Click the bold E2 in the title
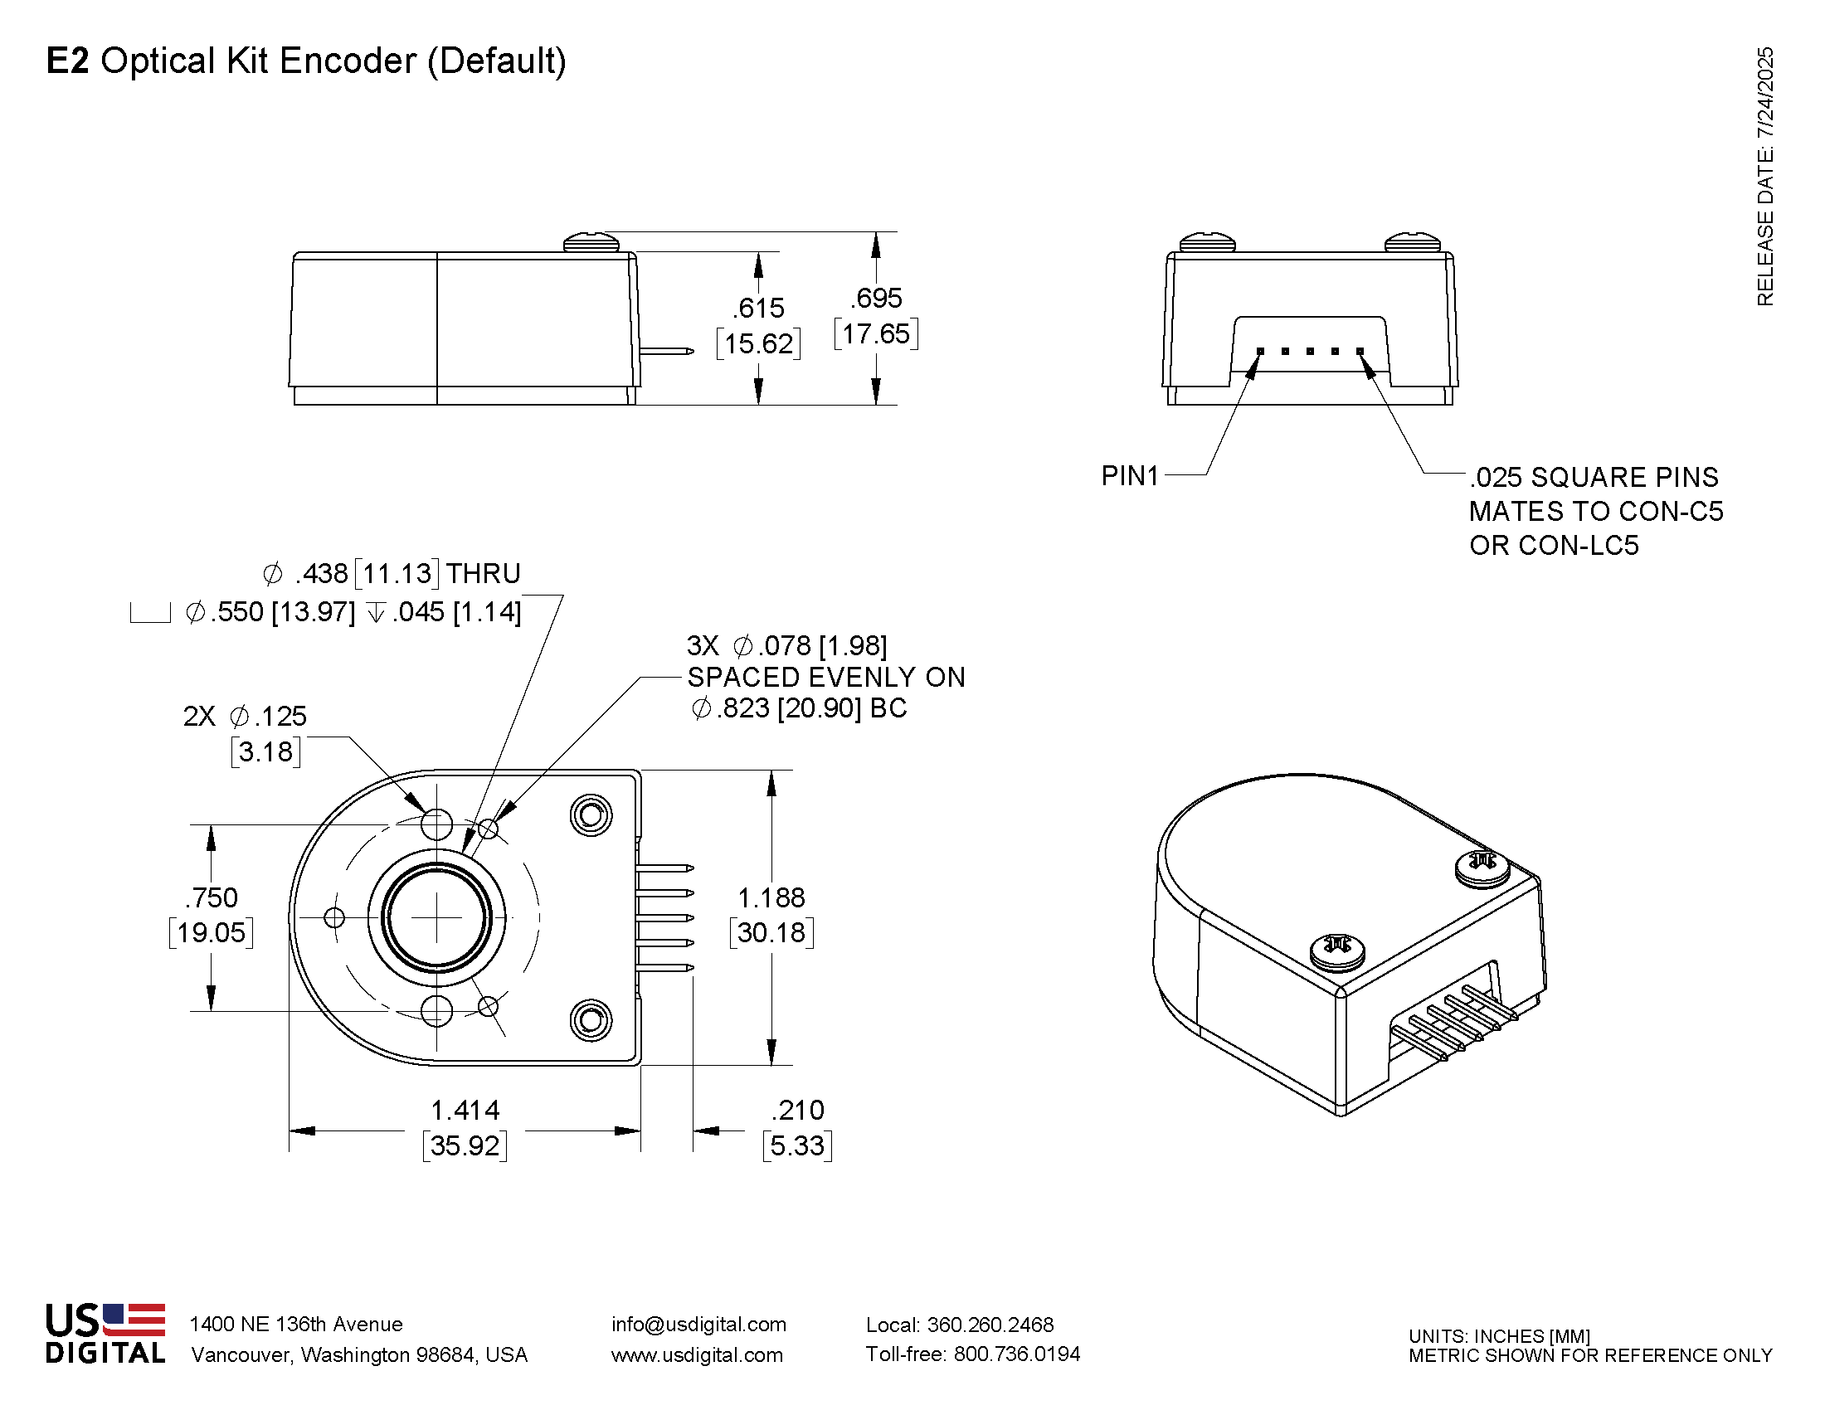coord(67,61)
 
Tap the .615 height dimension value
coord(759,309)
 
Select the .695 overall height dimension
coord(877,299)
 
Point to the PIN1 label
coord(1130,476)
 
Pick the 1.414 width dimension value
coord(465,1110)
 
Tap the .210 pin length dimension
coord(797,1110)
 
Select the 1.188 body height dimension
coord(771,898)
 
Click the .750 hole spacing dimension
coord(212,898)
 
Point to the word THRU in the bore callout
coord(483,574)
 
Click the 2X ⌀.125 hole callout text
coord(245,717)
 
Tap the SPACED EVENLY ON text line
coord(825,678)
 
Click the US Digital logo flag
coord(134,1320)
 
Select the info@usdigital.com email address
coord(698,1324)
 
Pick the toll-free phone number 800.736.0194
coord(1016,1354)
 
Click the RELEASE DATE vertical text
coord(1764,176)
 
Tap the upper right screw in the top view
coord(591,815)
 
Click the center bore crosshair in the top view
coord(436,918)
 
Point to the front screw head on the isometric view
coord(1337,951)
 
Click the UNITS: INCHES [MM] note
coord(1499,1336)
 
